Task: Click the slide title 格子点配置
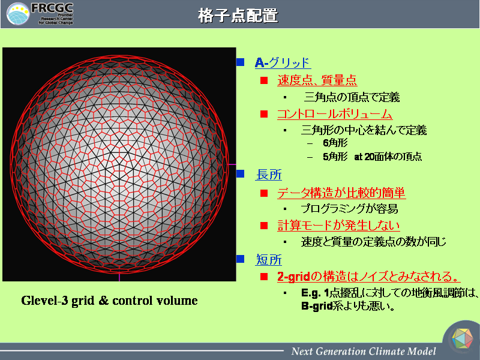(238, 16)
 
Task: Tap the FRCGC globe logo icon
(18, 14)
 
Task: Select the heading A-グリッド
(283, 62)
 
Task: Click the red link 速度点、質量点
(317, 80)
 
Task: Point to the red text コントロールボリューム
(335, 114)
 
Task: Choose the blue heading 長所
(268, 175)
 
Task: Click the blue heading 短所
(268, 260)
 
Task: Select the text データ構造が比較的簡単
(341, 193)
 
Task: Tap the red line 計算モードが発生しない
(338, 226)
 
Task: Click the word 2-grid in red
(293, 277)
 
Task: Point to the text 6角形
(335, 143)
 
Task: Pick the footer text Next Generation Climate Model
(364, 351)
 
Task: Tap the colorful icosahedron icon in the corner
(462, 338)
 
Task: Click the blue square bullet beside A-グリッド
(241, 62)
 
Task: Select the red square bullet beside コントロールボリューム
(264, 114)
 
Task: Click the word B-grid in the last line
(317, 306)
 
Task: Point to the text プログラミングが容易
(349, 209)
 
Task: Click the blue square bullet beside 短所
(241, 259)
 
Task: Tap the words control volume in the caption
(155, 301)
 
